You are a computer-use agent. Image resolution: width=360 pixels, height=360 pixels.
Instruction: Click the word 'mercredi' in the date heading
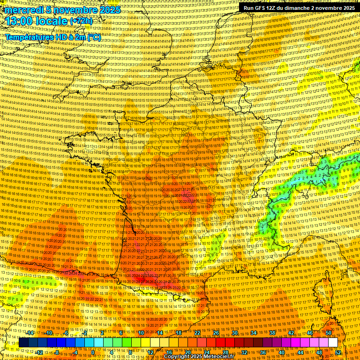[x=22, y=10]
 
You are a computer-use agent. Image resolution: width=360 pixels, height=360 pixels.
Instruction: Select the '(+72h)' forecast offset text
[x=81, y=22]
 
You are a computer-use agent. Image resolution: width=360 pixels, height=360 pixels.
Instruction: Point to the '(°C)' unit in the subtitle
[x=94, y=37]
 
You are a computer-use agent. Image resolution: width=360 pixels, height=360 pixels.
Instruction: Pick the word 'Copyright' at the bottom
[x=177, y=357]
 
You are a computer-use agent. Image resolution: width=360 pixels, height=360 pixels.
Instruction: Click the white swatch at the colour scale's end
[x=333, y=343]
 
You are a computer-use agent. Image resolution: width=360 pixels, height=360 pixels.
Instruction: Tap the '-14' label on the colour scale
[x=30, y=333]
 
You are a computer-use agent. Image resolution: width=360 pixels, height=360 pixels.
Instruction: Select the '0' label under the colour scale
[x=93, y=352]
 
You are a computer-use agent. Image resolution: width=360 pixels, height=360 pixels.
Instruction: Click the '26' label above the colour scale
[x=216, y=333]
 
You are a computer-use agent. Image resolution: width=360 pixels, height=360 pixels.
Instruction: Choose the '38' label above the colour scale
[x=272, y=333]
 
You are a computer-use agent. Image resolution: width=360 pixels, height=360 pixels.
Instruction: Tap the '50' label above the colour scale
[x=329, y=333]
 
